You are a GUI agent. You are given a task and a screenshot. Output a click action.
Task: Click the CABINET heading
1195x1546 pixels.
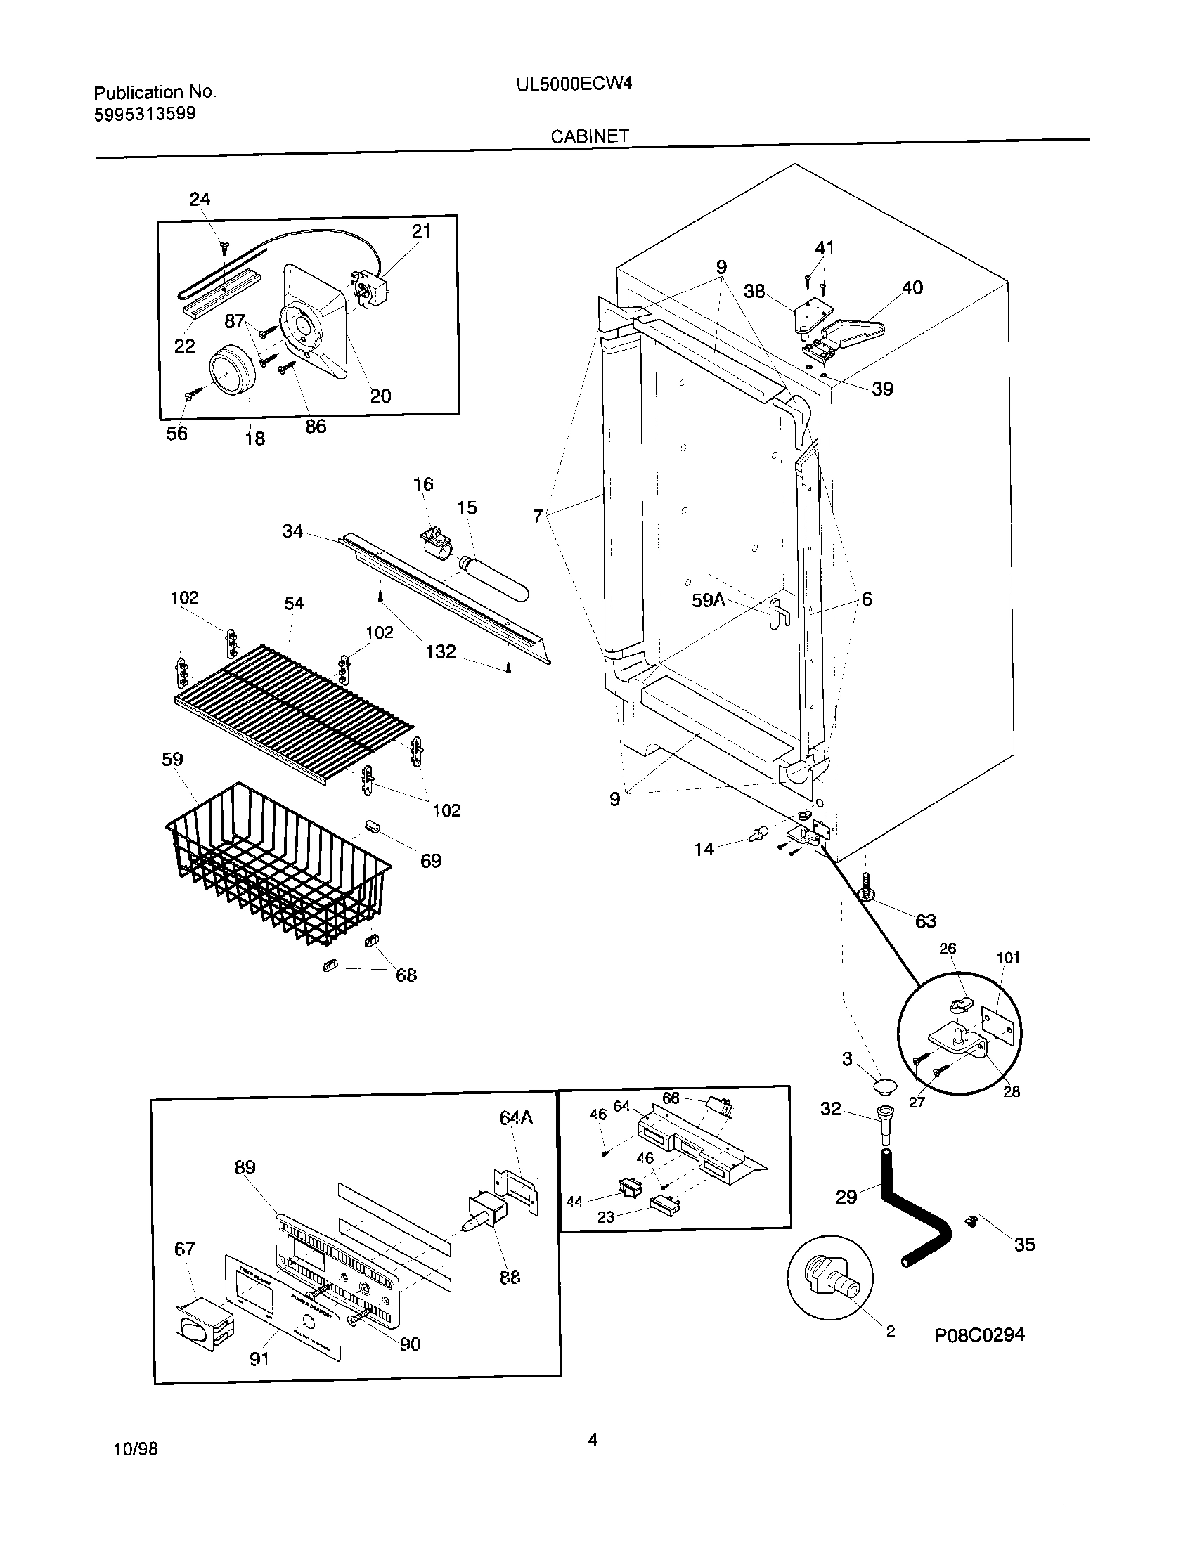click(x=590, y=136)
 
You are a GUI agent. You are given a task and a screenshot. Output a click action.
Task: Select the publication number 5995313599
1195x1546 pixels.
click(x=145, y=114)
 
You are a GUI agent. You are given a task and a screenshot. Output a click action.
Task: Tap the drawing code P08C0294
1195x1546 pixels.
click(x=980, y=1334)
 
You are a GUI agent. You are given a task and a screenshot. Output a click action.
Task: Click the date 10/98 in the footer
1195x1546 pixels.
click(x=136, y=1449)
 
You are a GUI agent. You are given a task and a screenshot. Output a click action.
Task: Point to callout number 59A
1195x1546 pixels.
click(x=709, y=600)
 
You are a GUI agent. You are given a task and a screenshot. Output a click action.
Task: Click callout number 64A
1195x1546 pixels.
click(x=515, y=1118)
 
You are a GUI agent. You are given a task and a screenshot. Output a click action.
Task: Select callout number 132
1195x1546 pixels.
click(x=440, y=651)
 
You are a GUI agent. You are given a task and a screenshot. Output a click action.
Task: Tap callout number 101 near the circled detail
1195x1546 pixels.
click(x=1008, y=958)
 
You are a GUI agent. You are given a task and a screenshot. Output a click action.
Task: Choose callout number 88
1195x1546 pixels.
click(x=510, y=1278)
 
